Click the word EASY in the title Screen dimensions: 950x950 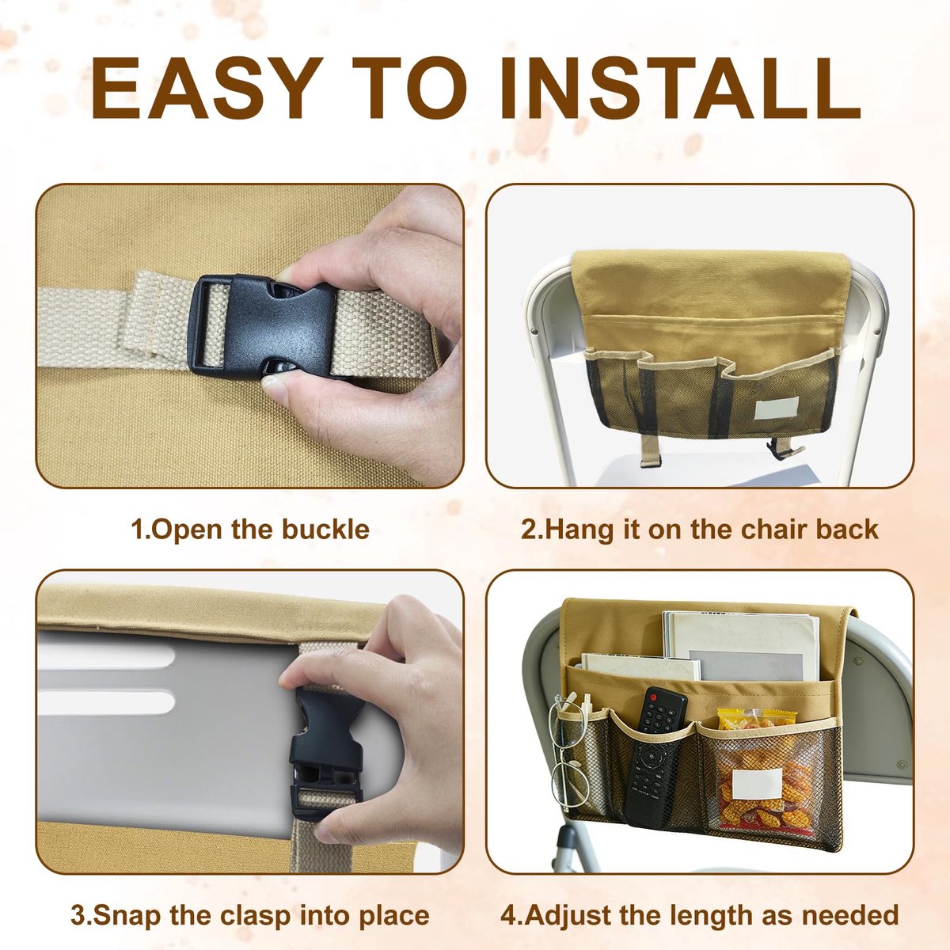(x=207, y=88)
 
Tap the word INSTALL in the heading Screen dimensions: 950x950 (x=680, y=88)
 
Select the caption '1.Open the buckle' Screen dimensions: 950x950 (x=250, y=530)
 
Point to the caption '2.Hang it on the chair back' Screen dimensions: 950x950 (x=700, y=530)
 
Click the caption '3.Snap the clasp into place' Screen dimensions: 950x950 (x=250, y=902)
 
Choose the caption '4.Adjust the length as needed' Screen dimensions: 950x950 (x=700, y=902)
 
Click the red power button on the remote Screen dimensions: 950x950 (x=653, y=697)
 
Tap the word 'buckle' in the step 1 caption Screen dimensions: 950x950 (x=325, y=530)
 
